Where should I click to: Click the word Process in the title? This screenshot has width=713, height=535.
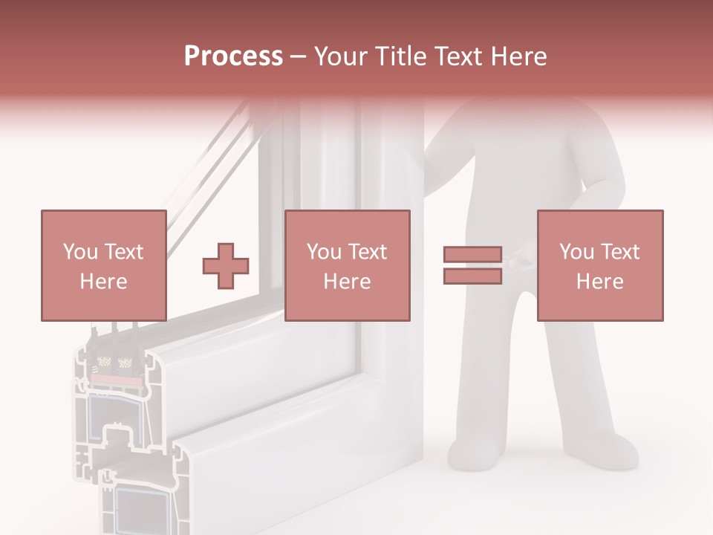pos(233,56)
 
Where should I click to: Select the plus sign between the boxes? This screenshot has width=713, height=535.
pos(226,265)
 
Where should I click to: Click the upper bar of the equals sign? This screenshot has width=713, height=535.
pos(472,255)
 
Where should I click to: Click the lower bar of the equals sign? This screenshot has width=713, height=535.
pos(472,276)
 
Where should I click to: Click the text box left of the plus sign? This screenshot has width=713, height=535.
pos(103,265)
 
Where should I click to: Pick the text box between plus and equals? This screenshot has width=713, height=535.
pos(347,265)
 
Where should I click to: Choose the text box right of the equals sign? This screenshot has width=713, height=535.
pos(599,265)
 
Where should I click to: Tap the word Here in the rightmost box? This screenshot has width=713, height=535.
pos(599,281)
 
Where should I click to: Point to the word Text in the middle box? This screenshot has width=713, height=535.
pos(368,252)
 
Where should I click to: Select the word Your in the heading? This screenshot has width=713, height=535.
pos(341,56)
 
